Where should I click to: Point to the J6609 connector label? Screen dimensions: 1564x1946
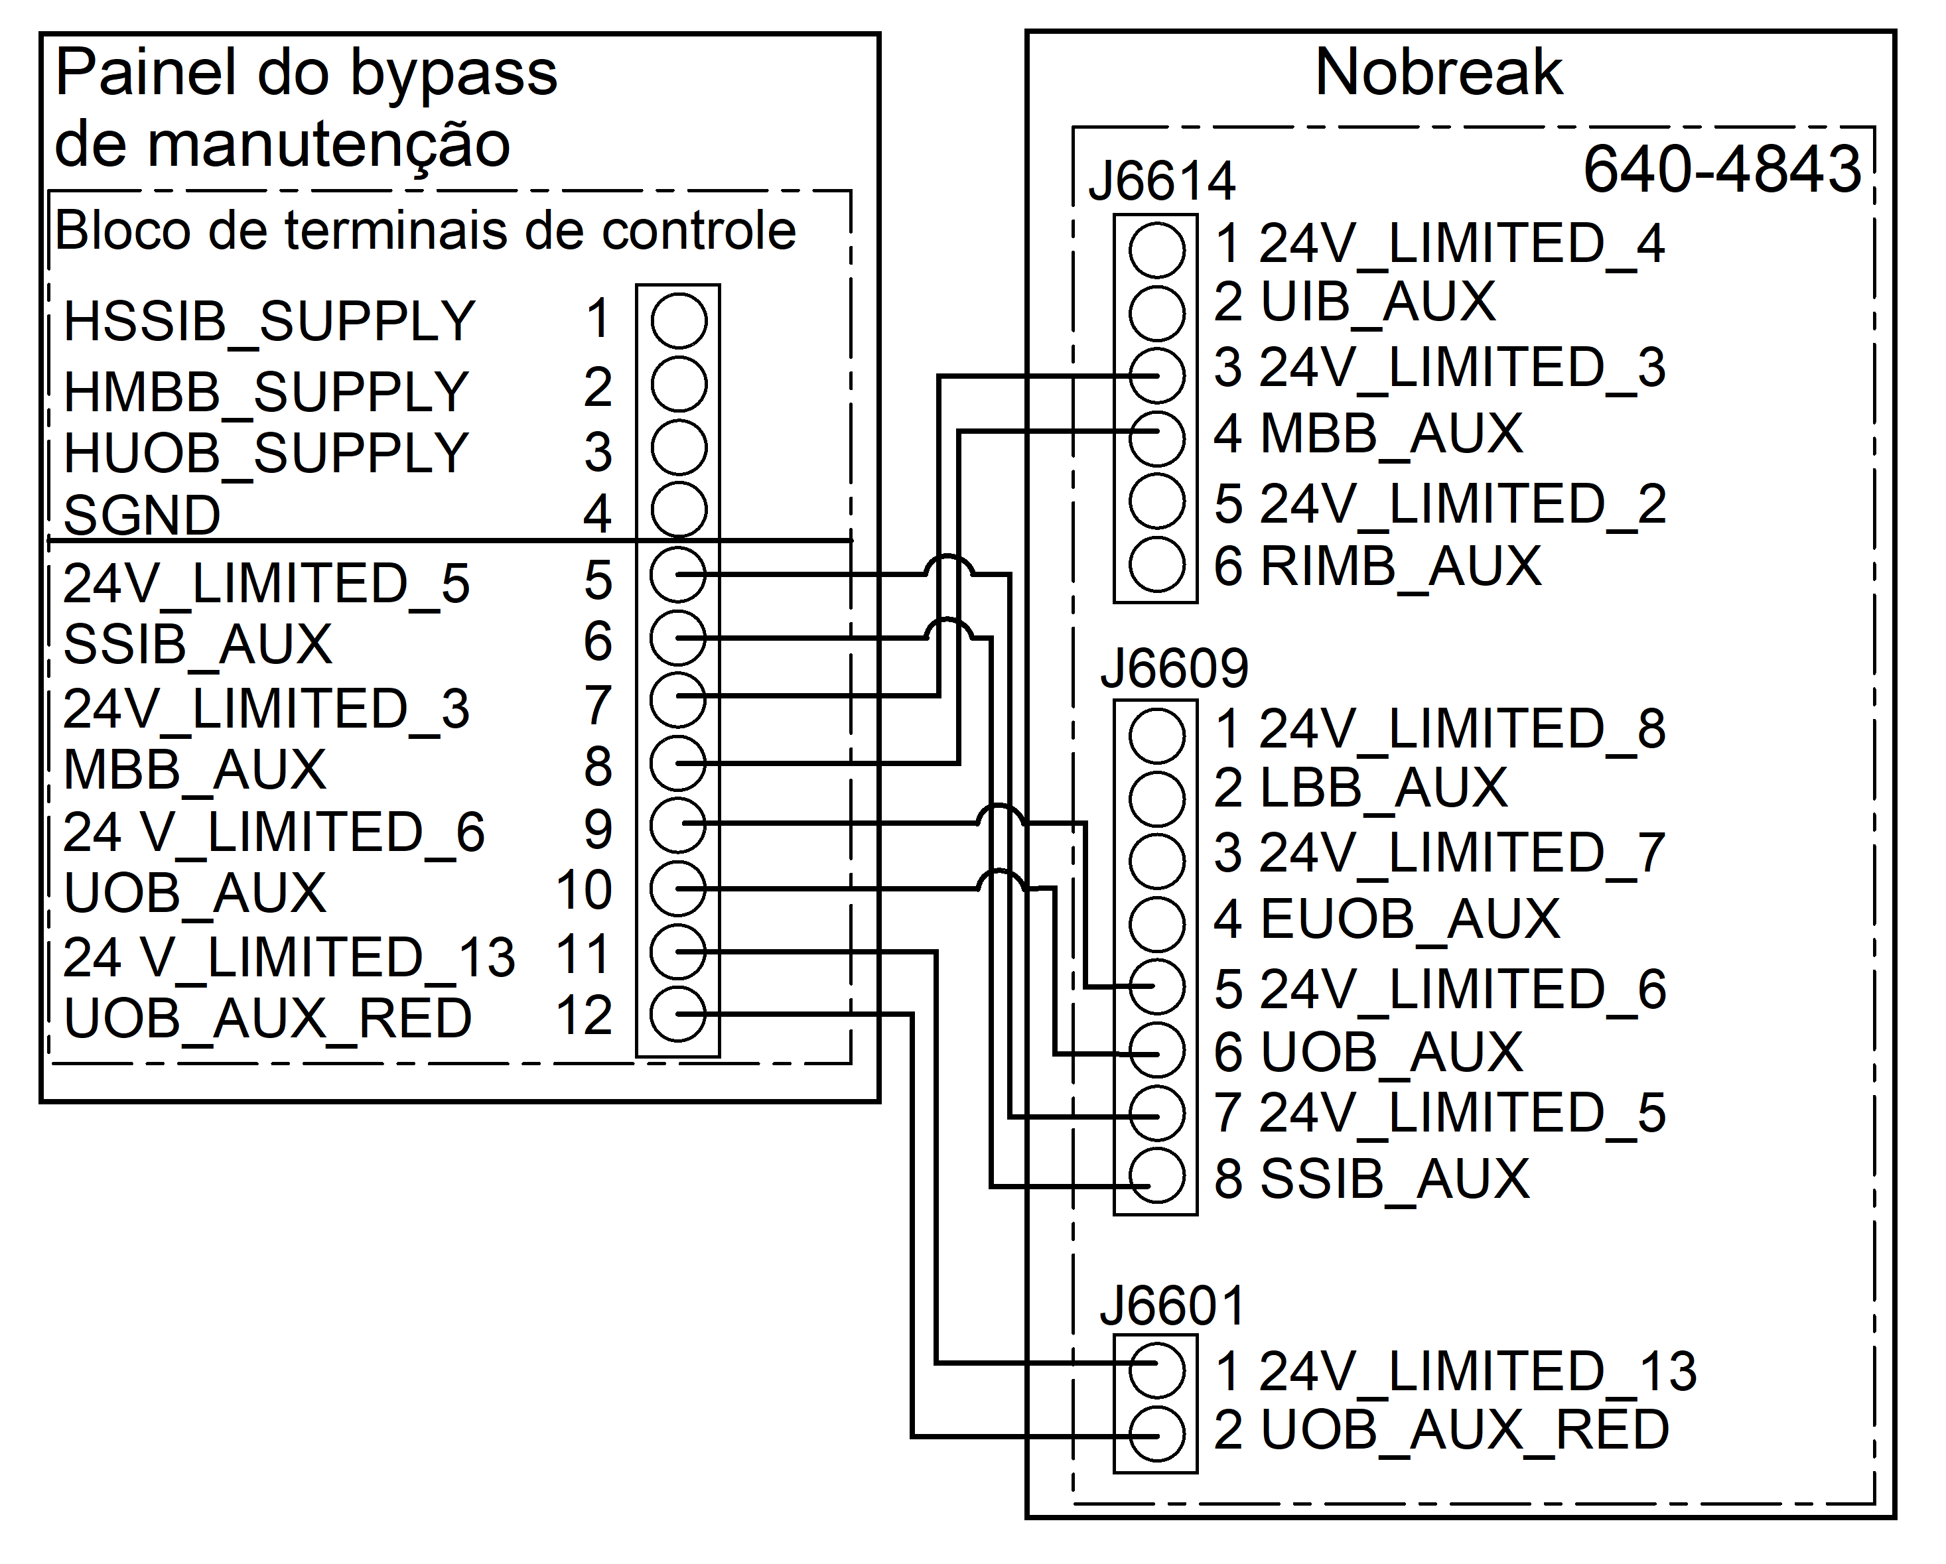1174,669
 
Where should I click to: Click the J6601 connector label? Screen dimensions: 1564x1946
1172,1306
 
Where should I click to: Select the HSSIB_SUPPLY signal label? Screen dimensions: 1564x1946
269,321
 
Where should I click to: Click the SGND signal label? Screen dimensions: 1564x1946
142,515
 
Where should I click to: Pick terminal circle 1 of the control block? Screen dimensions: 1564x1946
679,320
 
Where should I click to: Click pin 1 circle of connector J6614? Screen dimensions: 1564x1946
1156,250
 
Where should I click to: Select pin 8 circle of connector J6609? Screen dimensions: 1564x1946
1156,1177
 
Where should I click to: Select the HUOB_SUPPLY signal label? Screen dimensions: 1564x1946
265,453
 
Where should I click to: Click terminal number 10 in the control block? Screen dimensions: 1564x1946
584,891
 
